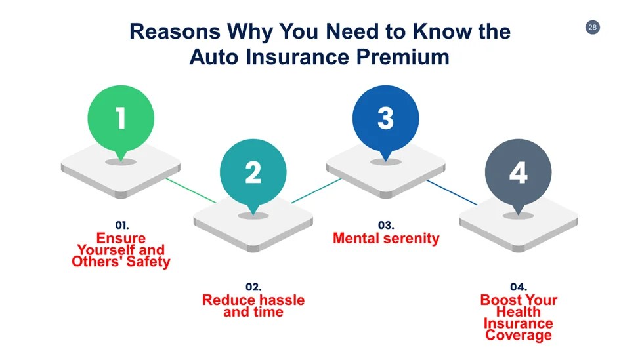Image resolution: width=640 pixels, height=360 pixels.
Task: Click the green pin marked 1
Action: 121,119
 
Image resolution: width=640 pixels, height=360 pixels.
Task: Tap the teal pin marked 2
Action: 253,172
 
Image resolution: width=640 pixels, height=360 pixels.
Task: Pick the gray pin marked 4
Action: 518,172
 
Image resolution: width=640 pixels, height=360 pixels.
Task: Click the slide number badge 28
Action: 592,27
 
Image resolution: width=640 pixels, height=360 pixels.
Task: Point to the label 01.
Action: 122,225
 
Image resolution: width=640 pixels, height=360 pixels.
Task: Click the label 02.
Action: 253,287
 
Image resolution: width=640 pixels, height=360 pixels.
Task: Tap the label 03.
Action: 386,225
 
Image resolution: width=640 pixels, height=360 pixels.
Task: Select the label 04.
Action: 519,287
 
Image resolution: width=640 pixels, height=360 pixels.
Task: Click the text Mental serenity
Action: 386,238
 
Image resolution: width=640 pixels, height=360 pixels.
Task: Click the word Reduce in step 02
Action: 228,300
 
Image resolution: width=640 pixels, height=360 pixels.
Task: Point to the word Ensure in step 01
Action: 121,238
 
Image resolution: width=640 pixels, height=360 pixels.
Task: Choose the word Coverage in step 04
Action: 519,335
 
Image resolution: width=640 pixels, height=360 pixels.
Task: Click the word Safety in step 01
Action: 148,262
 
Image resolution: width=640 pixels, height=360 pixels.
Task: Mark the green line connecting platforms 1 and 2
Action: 190,190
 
